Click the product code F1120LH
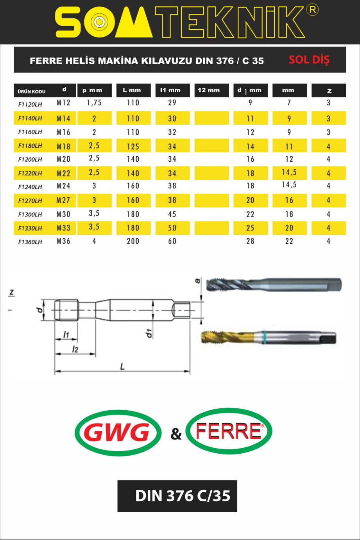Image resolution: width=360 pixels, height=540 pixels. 30,104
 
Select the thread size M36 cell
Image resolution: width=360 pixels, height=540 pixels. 63,241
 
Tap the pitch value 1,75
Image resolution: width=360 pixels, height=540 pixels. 94,103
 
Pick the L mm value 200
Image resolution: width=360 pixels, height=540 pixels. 133,241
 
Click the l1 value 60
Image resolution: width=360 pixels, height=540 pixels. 172,241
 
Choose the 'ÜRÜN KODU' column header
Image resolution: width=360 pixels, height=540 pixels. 31,91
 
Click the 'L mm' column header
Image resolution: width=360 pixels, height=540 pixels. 132,90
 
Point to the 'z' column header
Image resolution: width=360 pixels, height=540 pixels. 329,91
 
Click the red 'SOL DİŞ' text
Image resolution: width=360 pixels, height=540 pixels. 309,60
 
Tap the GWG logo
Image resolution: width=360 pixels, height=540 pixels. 118,433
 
